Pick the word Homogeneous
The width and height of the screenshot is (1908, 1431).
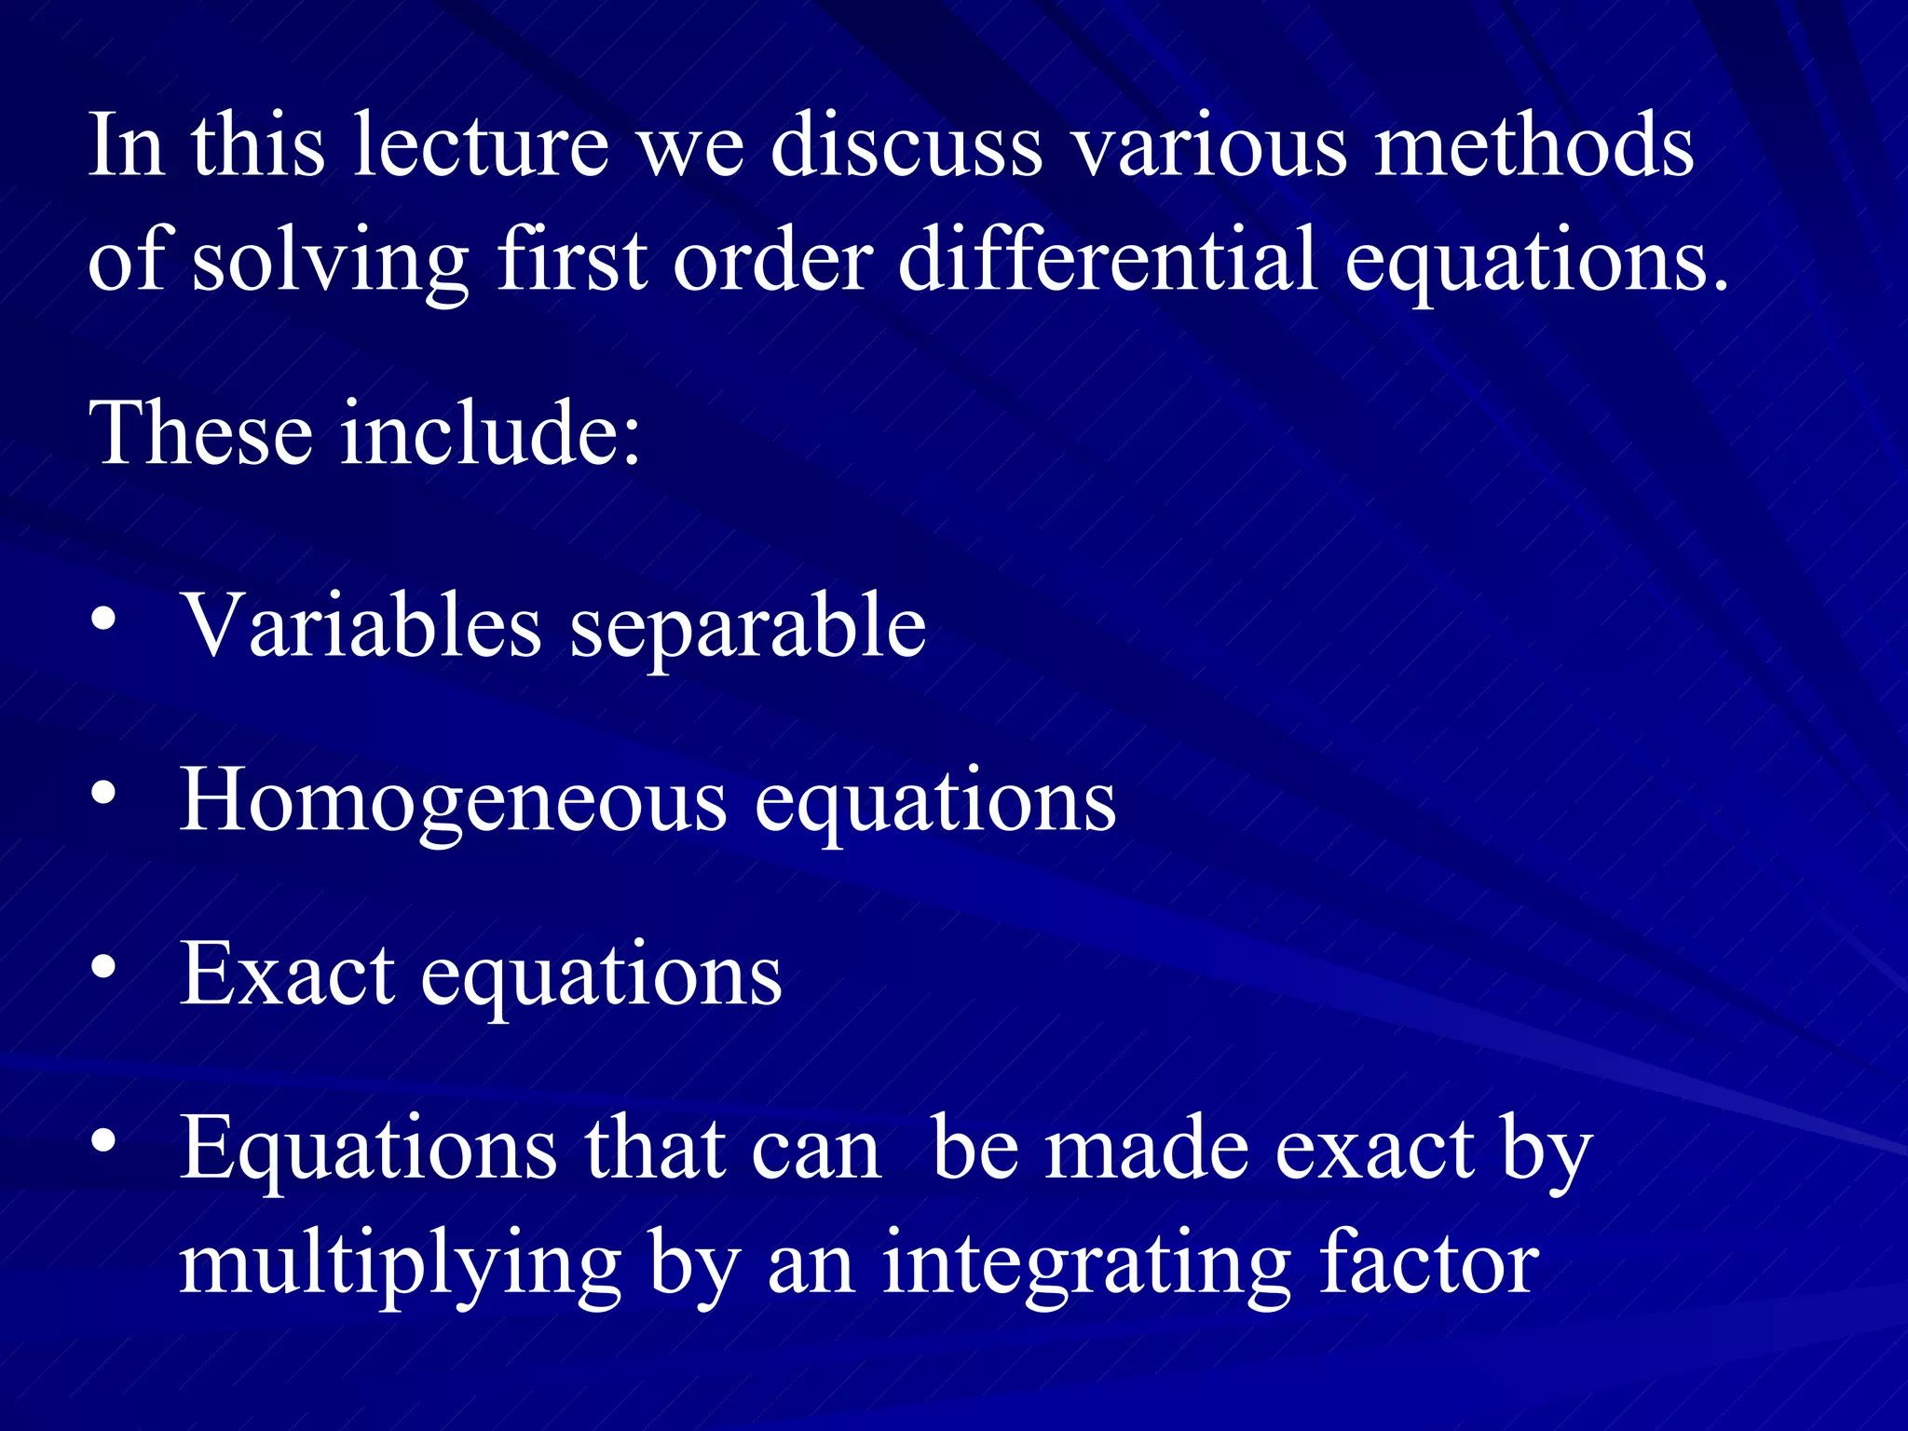[x=453, y=800]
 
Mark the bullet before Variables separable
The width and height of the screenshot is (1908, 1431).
[x=104, y=620]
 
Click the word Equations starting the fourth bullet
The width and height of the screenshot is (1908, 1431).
[x=368, y=1152]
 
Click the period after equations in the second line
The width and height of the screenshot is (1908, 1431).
[x=1720, y=284]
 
